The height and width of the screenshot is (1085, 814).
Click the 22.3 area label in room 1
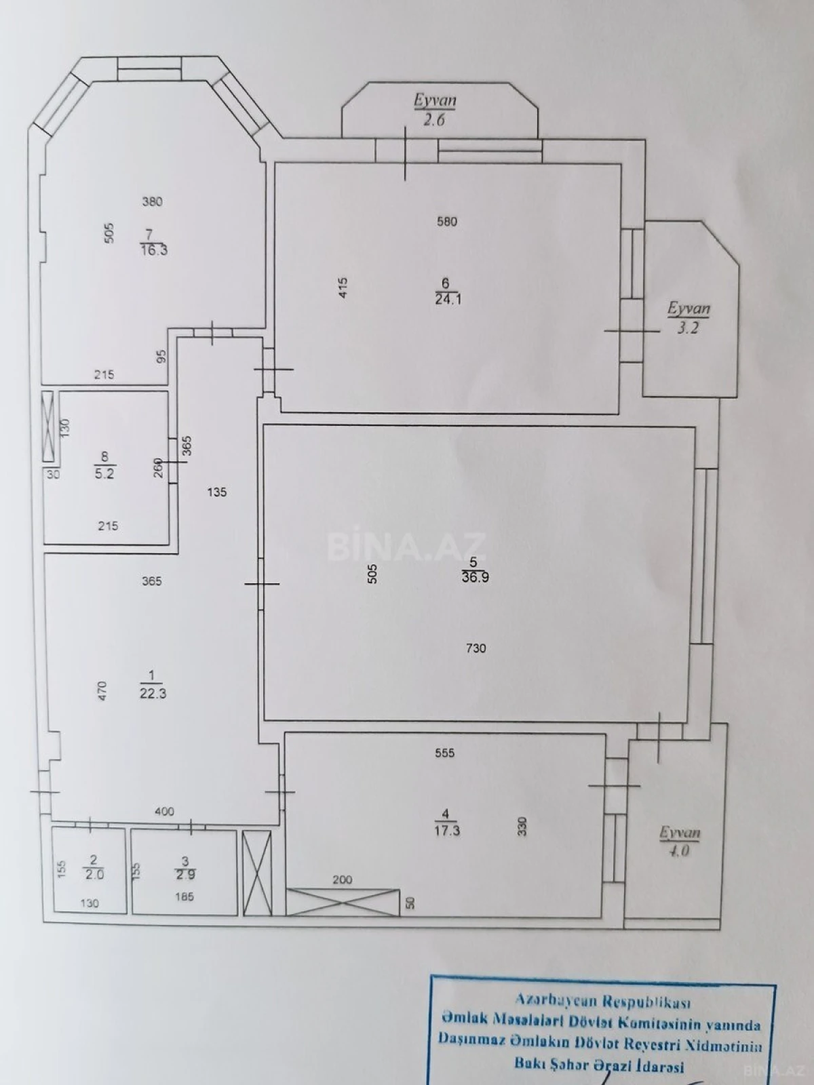tap(152, 693)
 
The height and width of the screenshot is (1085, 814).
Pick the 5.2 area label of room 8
tap(104, 474)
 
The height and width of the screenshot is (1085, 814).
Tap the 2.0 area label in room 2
tap(94, 874)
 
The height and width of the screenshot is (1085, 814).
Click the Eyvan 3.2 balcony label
tap(688, 319)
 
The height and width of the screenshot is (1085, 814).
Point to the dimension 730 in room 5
tap(476, 648)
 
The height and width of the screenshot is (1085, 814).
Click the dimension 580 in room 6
tap(447, 221)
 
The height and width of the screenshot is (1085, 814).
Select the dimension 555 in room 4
tap(445, 753)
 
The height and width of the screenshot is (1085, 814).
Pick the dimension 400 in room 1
tap(164, 811)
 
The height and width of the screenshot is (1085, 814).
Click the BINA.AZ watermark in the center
tap(406, 546)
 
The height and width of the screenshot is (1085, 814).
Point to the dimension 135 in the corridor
tap(216, 492)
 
